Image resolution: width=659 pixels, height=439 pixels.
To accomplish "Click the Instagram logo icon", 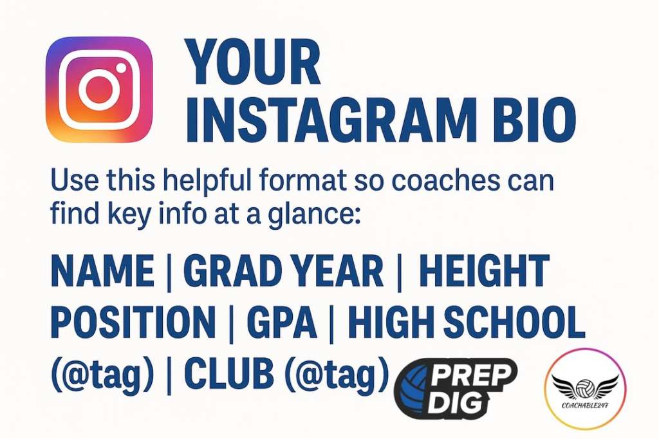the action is point(98,89).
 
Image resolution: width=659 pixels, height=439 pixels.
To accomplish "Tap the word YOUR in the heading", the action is point(253,62).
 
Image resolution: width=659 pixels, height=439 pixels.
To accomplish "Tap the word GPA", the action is point(282,322).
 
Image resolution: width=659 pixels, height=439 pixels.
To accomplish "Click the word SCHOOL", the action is point(514,322).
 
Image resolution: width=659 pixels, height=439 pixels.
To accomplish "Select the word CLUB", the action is point(229,373).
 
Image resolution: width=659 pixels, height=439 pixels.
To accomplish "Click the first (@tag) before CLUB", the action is point(102,374).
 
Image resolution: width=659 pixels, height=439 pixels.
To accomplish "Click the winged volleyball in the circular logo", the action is point(585,387).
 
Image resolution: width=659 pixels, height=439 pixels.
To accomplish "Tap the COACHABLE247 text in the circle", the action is point(585,406).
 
